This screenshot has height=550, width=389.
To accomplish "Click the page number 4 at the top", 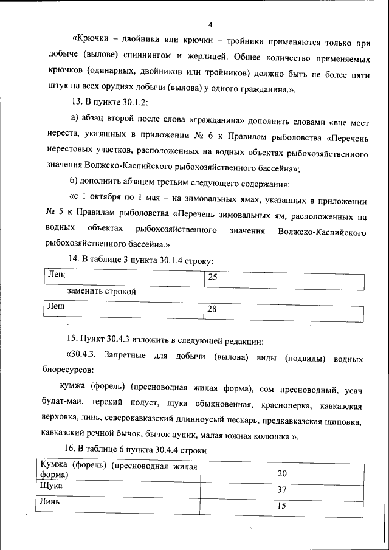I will click(x=210, y=25).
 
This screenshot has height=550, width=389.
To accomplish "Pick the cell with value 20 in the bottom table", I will click(x=282, y=473).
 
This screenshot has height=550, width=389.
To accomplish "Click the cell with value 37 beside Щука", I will click(x=282, y=490).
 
